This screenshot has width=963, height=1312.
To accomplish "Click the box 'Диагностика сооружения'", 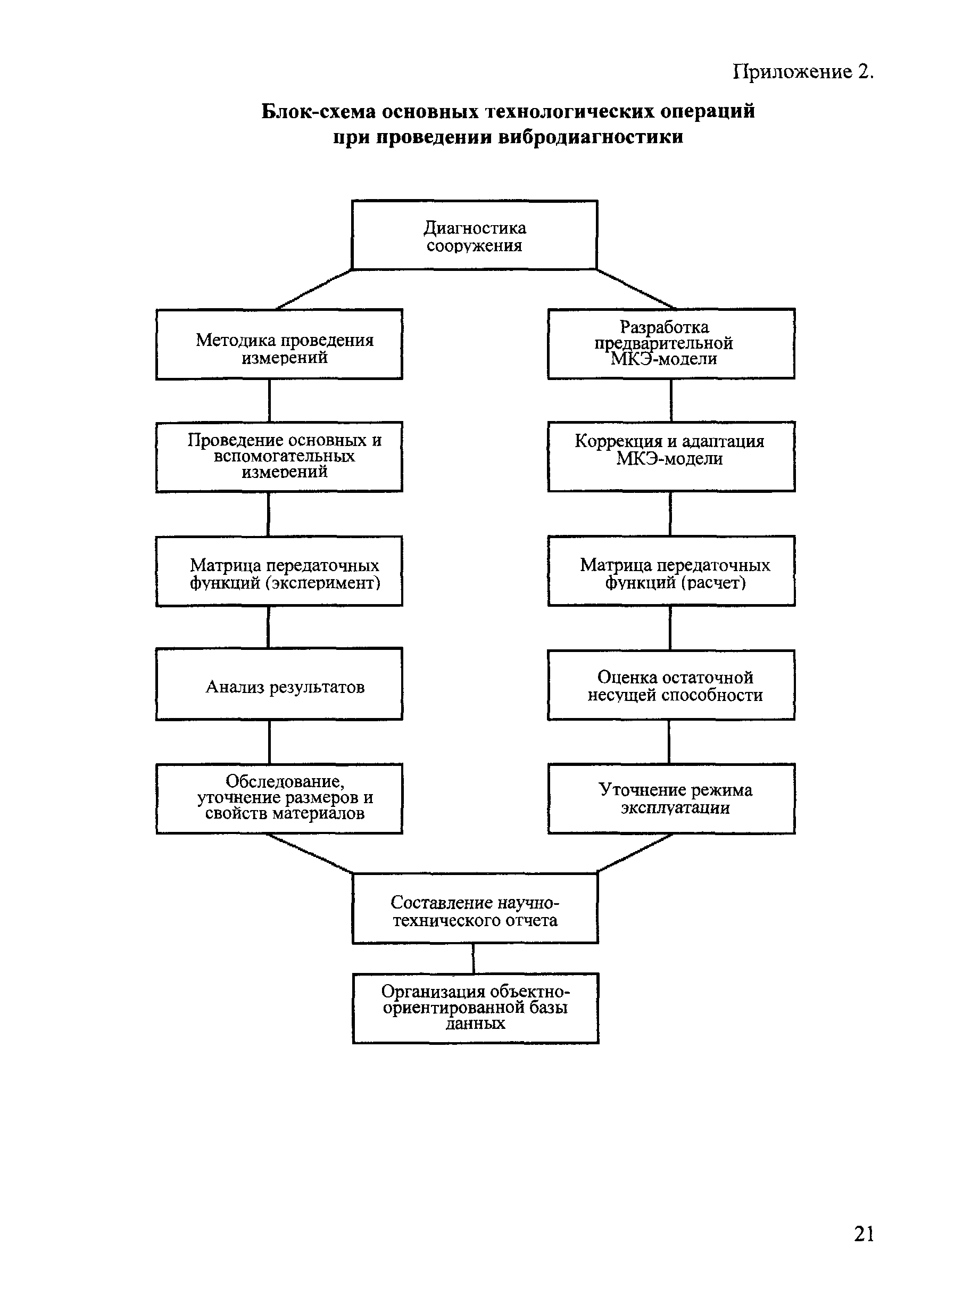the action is click(x=475, y=235).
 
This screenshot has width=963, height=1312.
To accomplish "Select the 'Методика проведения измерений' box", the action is click(x=279, y=344).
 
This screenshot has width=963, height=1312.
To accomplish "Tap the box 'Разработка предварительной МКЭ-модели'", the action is click(x=671, y=343).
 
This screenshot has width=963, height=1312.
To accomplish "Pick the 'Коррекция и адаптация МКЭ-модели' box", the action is click(x=671, y=457).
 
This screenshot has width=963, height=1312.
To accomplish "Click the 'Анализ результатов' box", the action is click(x=279, y=684).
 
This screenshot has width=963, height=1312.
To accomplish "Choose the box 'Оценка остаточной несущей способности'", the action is click(x=671, y=685).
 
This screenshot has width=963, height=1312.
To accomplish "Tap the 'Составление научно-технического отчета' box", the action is click(x=475, y=908).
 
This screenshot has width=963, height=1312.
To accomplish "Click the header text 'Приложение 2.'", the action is click(x=803, y=72).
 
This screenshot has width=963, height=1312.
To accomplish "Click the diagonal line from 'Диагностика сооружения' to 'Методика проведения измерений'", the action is click(x=314, y=289).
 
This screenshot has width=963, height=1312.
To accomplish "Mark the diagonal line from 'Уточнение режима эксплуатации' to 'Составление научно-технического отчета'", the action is click(x=635, y=853).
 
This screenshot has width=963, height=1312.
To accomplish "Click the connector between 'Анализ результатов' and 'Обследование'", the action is click(x=269, y=742).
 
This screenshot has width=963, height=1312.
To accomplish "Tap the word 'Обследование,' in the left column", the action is click(x=285, y=781).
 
